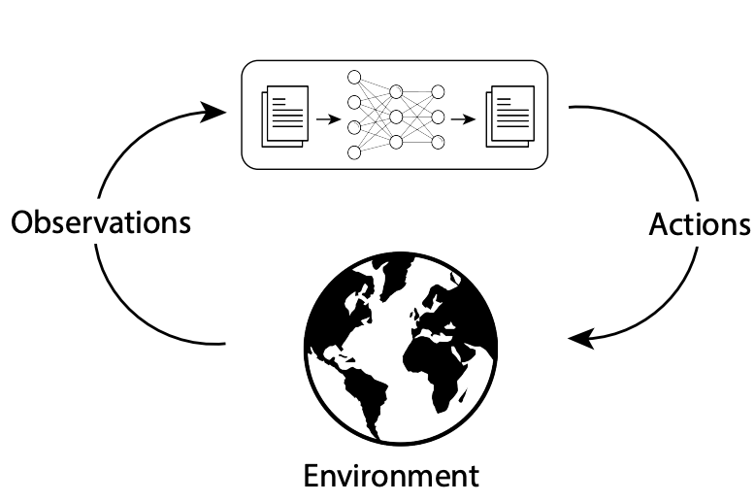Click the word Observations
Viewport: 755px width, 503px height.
pyautogui.click(x=101, y=222)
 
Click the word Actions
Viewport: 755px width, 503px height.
pyautogui.click(x=699, y=224)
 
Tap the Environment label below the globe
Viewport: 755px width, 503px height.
pyautogui.click(x=391, y=477)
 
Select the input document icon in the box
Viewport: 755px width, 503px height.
pyautogui.click(x=284, y=114)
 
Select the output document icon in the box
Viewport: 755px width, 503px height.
pyautogui.click(x=509, y=115)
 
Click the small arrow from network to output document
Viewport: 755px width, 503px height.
pyautogui.click(x=469, y=120)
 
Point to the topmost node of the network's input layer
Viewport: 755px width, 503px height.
pyautogui.click(x=354, y=77)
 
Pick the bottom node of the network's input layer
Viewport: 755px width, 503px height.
pyautogui.click(x=354, y=152)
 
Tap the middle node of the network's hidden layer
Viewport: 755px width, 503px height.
pyautogui.click(x=396, y=117)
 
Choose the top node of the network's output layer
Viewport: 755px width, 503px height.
pyautogui.click(x=438, y=92)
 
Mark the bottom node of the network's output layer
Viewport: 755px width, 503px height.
pyautogui.click(x=438, y=143)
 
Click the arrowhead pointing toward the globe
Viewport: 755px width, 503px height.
pyautogui.click(x=580, y=340)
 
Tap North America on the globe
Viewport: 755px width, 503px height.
pyautogui.click(x=345, y=311)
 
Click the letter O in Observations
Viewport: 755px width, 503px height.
pyautogui.click(x=23, y=222)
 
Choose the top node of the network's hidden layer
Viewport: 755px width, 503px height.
pyautogui.click(x=396, y=92)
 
